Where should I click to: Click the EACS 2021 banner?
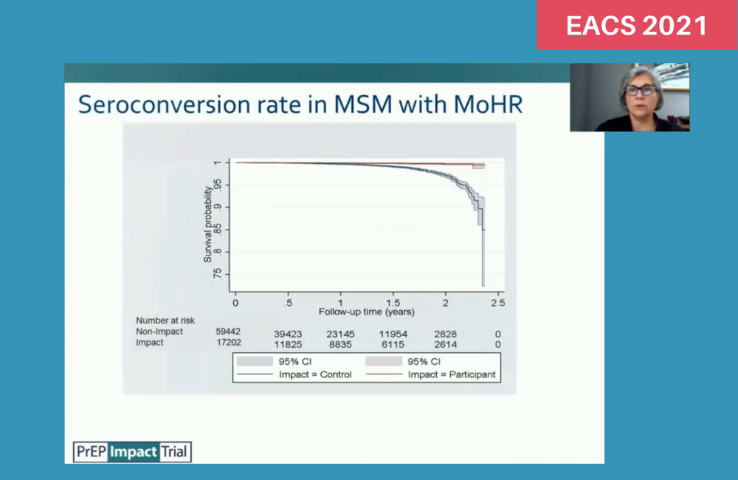pyautogui.click(x=637, y=24)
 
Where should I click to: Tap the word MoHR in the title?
pyautogui.click(x=488, y=104)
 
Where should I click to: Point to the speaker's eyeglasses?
pyautogui.click(x=640, y=90)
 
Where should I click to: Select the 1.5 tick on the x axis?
pyautogui.click(x=393, y=303)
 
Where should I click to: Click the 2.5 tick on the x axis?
pyautogui.click(x=498, y=303)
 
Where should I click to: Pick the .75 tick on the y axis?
pyautogui.click(x=217, y=274)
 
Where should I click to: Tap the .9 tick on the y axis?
pyautogui.click(x=217, y=207)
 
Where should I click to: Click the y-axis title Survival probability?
pyautogui.click(x=207, y=224)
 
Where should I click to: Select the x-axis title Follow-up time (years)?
pyautogui.click(x=367, y=312)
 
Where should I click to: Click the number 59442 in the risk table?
pyautogui.click(x=228, y=332)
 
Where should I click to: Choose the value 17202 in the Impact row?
pyautogui.click(x=229, y=343)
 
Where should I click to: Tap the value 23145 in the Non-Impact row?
pyautogui.click(x=340, y=334)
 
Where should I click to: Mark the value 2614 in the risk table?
pyautogui.click(x=445, y=344)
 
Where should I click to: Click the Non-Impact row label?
pyautogui.click(x=159, y=332)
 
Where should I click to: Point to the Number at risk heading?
pyautogui.click(x=165, y=320)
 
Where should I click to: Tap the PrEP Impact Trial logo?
pyautogui.click(x=132, y=452)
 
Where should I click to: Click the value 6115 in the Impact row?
pyautogui.click(x=393, y=344)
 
